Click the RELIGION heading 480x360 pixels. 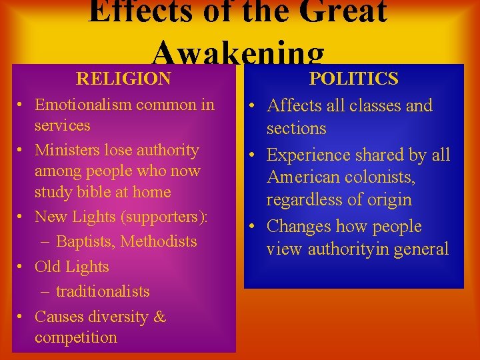coord(123,79)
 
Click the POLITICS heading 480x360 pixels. coord(354,79)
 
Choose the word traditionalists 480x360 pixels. coord(103,291)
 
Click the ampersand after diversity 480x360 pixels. coord(159,317)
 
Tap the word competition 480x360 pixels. coord(75,337)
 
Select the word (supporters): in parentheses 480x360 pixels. coord(165,217)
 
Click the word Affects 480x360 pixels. coord(294,105)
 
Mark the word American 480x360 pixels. coord(304,177)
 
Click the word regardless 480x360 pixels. coord(305,200)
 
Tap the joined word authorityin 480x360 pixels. coord(336,249)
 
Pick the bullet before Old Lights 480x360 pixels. coord(22,267)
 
